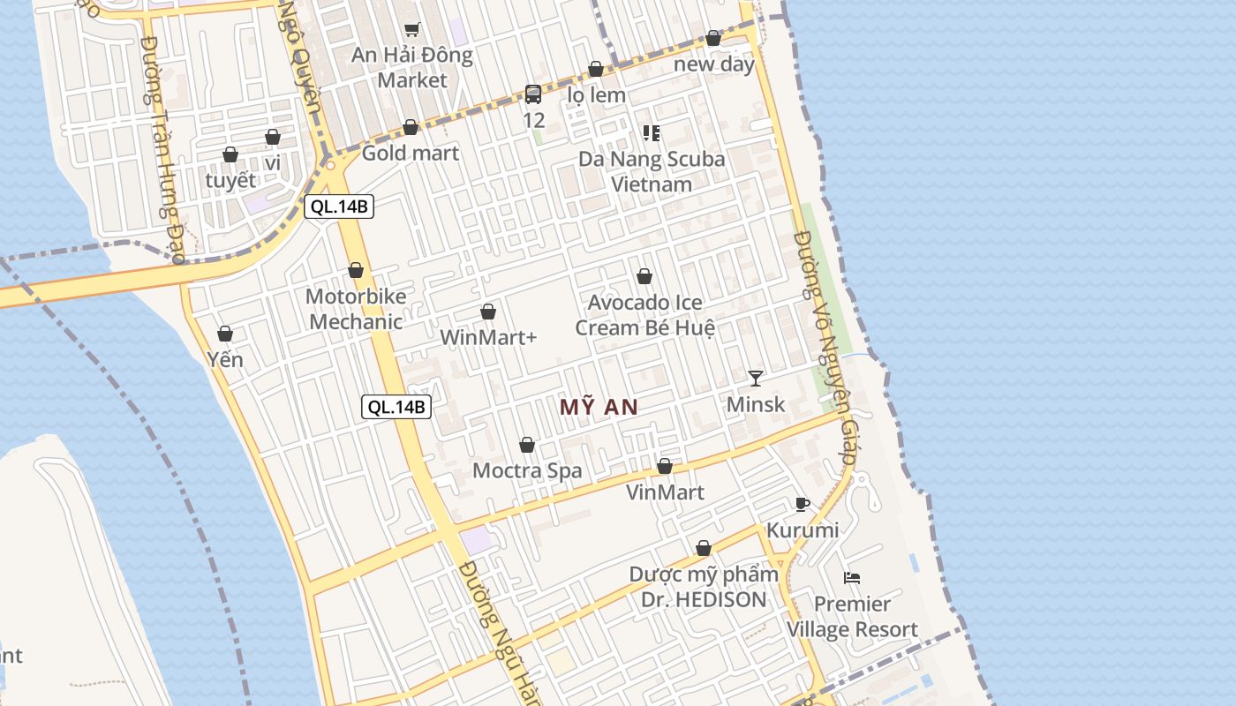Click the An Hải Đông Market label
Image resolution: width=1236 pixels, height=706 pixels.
(412, 68)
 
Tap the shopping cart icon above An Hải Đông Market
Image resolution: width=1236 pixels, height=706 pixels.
(411, 29)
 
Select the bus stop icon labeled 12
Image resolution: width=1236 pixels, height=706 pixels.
(533, 94)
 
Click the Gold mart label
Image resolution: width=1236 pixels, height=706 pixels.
(411, 153)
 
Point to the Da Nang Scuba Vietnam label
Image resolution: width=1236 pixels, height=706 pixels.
(652, 171)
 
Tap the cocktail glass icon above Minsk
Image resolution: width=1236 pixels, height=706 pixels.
(755, 379)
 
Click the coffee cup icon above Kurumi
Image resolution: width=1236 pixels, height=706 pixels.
(802, 505)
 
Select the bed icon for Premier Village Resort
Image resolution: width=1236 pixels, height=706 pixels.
(852, 578)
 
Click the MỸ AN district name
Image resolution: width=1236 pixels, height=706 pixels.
(599, 407)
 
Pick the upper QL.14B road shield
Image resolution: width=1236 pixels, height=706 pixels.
(339, 207)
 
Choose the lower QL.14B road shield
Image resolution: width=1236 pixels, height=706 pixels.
(396, 407)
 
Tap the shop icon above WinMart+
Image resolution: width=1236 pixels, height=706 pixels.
(488, 312)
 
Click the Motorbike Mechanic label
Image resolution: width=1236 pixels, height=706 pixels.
(356, 309)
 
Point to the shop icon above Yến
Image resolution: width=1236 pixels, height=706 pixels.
(225, 334)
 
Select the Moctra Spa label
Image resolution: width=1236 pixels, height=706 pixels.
(527, 470)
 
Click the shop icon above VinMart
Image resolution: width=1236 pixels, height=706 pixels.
(665, 466)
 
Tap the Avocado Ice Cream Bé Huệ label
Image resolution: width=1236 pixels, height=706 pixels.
(645, 315)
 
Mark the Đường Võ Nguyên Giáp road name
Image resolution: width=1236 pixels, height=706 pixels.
(826, 349)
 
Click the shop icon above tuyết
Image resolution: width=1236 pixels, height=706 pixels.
(230, 154)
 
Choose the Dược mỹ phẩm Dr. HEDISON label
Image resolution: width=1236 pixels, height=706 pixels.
(704, 587)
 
